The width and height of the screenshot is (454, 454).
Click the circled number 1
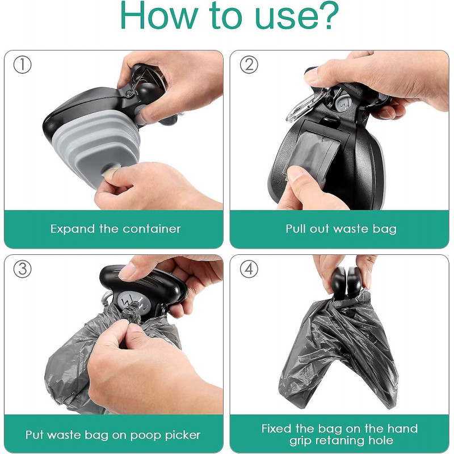click(x=22, y=65)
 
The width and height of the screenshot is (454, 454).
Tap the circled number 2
click(x=249, y=65)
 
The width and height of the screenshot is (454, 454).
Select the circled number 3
click(x=22, y=269)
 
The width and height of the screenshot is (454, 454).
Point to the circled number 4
click(x=249, y=269)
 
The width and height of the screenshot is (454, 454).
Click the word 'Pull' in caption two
click(x=296, y=229)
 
